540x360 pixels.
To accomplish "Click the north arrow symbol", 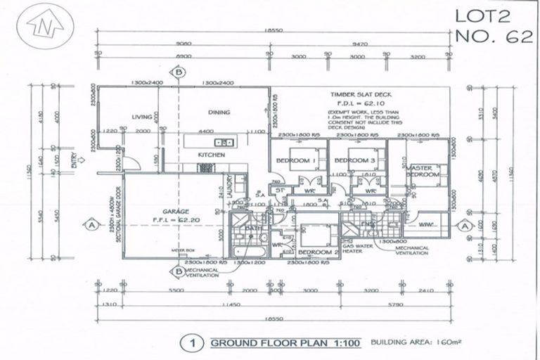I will click(x=43, y=27).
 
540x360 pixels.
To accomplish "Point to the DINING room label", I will click(x=219, y=112).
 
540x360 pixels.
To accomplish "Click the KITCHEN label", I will click(x=211, y=154).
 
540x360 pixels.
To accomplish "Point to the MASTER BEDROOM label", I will click(x=423, y=170).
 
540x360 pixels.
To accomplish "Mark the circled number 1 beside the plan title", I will click(x=188, y=344).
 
